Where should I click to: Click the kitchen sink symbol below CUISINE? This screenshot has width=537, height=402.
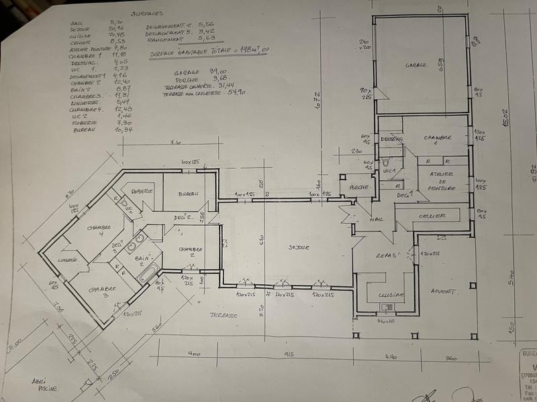(x=385, y=308)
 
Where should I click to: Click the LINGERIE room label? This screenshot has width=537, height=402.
(x=69, y=259)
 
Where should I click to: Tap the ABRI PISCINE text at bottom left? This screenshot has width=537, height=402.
(x=45, y=384)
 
